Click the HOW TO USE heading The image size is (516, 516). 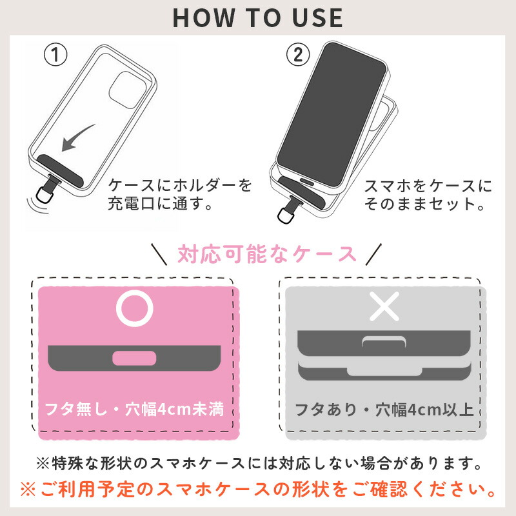pyautogui.click(x=257, y=18)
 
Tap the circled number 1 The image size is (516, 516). pyautogui.click(x=55, y=55)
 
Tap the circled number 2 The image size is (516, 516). pyautogui.click(x=297, y=55)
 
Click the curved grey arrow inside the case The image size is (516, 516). pyautogui.click(x=77, y=137)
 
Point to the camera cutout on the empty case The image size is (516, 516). pyautogui.click(x=128, y=90)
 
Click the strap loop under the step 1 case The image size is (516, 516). pyautogui.click(x=45, y=194)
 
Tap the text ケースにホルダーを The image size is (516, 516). pyautogui.click(x=180, y=186)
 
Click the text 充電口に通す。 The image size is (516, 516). pyautogui.click(x=160, y=204)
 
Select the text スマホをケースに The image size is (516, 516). pyautogui.click(x=428, y=186)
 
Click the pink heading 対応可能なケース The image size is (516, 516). pyautogui.click(x=267, y=254)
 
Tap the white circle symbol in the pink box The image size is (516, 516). pyautogui.click(x=135, y=309)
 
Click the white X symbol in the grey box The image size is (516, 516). pyautogui.click(x=384, y=306)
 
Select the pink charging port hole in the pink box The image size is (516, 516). pyautogui.click(x=134, y=358)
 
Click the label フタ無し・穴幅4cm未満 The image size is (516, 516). pyautogui.click(x=134, y=410)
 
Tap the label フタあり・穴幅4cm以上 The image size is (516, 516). pyautogui.click(x=384, y=410)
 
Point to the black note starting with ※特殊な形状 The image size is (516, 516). pyautogui.click(x=259, y=463)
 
